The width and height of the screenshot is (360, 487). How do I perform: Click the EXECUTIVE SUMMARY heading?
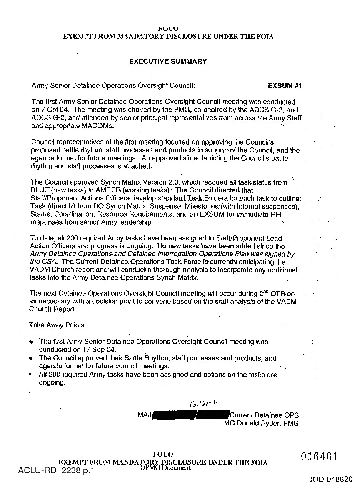click(x=168, y=61)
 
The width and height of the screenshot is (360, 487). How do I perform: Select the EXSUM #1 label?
click(x=285, y=86)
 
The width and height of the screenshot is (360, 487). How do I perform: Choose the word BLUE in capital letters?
click(x=40, y=190)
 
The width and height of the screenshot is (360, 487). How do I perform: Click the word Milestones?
click(x=224, y=206)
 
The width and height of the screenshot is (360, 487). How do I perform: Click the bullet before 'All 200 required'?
click(x=31, y=375)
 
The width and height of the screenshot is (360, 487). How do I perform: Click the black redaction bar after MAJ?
click(x=191, y=415)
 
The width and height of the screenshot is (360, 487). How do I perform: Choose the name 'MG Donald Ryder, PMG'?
click(x=261, y=423)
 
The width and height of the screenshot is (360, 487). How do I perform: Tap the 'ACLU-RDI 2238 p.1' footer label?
click(x=57, y=471)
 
